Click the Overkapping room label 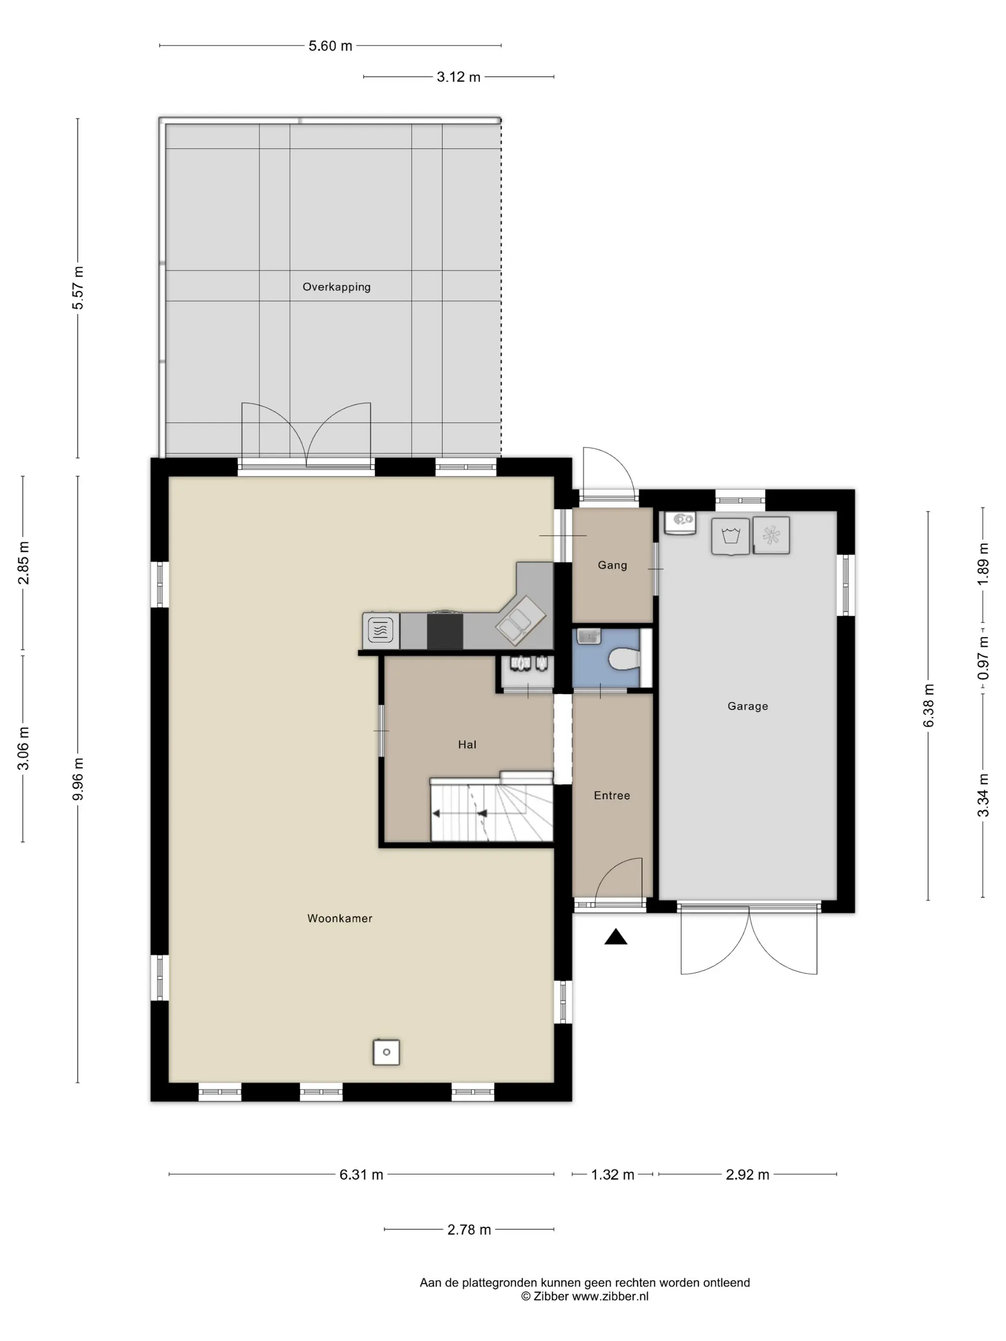pyautogui.click(x=337, y=287)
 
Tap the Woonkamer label pyautogui.click(x=340, y=919)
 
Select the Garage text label pyautogui.click(x=748, y=706)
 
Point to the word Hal pyautogui.click(x=467, y=744)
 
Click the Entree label pyautogui.click(x=612, y=796)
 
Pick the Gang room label pyautogui.click(x=612, y=565)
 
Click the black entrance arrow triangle pyautogui.click(x=616, y=937)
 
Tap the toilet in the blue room pyautogui.click(x=624, y=659)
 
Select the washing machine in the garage pyautogui.click(x=731, y=536)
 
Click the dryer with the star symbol pyautogui.click(x=771, y=535)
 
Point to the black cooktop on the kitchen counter pyautogui.click(x=445, y=631)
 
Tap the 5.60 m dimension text pyautogui.click(x=331, y=46)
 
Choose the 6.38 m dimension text pyautogui.click(x=929, y=705)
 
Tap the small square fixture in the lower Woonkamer pyautogui.click(x=386, y=1052)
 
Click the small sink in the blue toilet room pyautogui.click(x=588, y=636)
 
